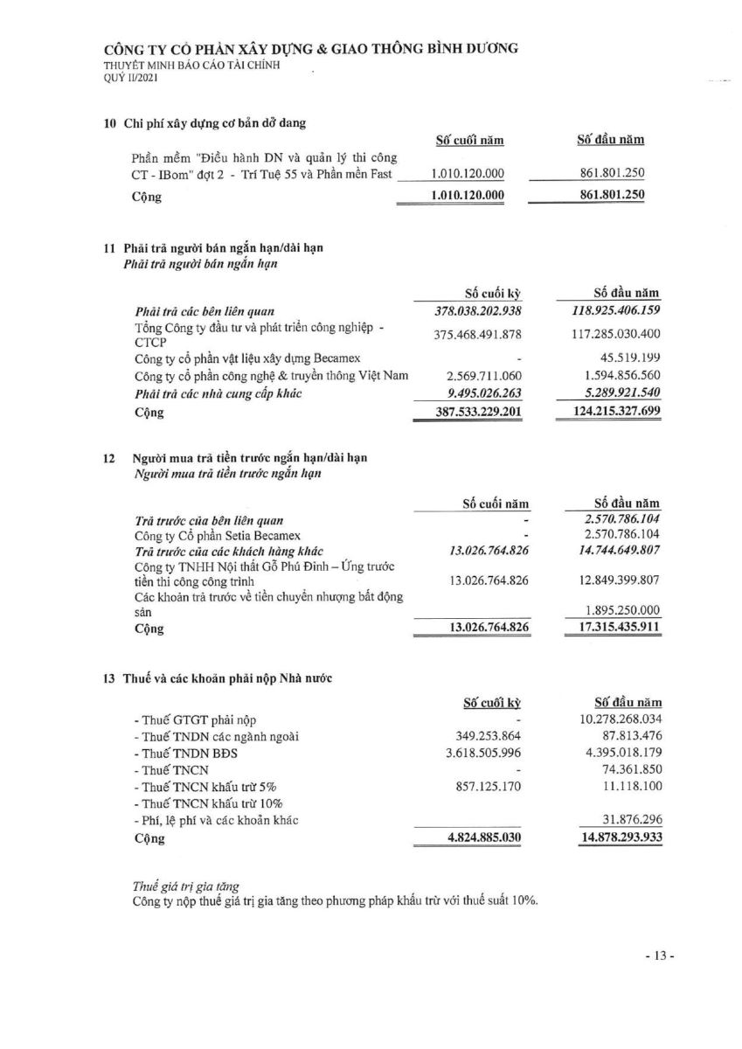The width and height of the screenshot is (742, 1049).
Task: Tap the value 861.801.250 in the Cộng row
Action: pos(612,196)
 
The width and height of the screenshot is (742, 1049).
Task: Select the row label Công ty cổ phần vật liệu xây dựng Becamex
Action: pos(247,358)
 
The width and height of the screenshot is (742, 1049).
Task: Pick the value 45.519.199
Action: pos(629,358)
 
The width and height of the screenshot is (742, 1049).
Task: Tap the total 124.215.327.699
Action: pos(609,411)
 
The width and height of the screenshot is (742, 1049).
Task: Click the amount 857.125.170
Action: pos(483,786)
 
